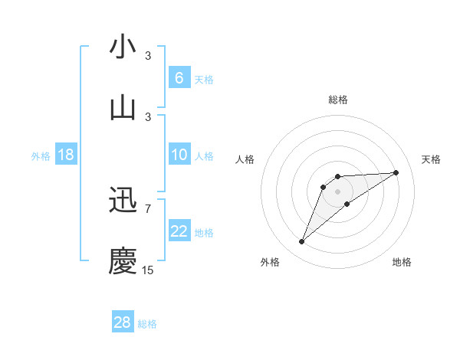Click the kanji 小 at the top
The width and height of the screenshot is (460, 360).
pos(123,47)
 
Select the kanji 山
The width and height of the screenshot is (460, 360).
pos(123,107)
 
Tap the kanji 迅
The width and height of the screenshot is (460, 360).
pos(123,201)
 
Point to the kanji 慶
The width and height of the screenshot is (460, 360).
pos(123,260)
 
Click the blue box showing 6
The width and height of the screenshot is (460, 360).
pos(179,77)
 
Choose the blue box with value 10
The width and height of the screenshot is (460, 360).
pos(179,155)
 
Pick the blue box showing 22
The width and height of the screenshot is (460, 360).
pos(179,231)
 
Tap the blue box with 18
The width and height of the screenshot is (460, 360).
pos(65,155)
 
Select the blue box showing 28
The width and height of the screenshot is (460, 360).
pos(123,322)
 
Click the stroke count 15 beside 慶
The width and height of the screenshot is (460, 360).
pos(147,270)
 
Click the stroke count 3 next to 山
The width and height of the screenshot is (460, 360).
pos(148,116)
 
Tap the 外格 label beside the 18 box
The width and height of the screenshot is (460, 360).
pos(41,155)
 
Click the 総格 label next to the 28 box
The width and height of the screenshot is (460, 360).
pos(147,324)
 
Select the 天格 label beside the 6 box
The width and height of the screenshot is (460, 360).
pos(204,79)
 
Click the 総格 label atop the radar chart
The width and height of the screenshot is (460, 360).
pos(337,100)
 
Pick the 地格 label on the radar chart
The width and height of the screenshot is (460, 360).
pos(402,262)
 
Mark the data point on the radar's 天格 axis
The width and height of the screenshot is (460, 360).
pos(396,172)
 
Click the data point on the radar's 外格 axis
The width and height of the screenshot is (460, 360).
pos(301,242)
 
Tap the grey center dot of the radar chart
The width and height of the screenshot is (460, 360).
pos(337,191)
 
